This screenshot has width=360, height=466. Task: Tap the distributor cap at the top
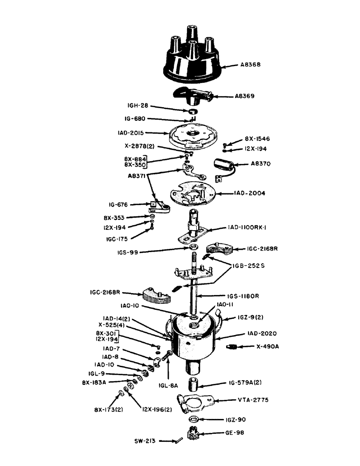191,58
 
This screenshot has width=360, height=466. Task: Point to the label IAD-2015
127,133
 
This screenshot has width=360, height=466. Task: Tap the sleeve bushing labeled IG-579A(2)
194,385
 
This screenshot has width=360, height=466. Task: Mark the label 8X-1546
257,139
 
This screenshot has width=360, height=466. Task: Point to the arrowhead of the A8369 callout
215,97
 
